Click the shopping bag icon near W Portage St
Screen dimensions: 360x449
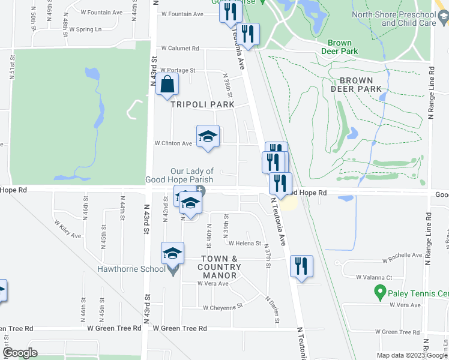click(167, 85)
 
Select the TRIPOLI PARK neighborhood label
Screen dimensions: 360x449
click(202, 104)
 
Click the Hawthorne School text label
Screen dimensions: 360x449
click(132, 268)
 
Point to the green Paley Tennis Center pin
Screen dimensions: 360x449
click(379, 292)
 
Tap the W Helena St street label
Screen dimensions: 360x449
click(244, 244)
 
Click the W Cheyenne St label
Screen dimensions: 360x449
click(222, 308)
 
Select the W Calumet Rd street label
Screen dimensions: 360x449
click(179, 49)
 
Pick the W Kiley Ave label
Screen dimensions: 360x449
click(68, 227)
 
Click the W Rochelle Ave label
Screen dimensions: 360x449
click(403, 254)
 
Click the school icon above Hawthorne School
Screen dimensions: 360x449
click(172, 253)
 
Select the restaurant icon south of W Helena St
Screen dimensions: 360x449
click(301, 266)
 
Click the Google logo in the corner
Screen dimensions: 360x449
click(20, 353)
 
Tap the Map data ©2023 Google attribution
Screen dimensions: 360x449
click(411, 355)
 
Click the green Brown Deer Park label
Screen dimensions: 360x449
click(343, 47)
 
